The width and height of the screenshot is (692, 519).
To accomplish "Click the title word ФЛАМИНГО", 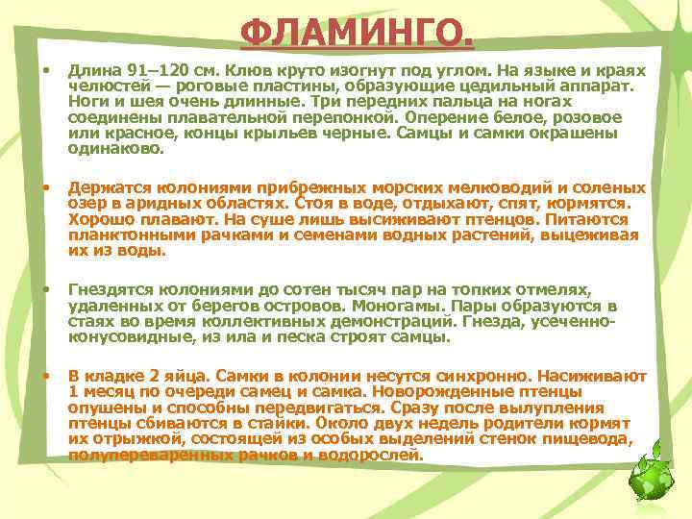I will [357, 36].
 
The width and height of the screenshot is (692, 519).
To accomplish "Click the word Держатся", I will [108, 188].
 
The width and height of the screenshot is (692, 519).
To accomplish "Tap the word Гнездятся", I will [111, 290].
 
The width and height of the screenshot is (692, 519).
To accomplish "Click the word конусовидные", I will [126, 336].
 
